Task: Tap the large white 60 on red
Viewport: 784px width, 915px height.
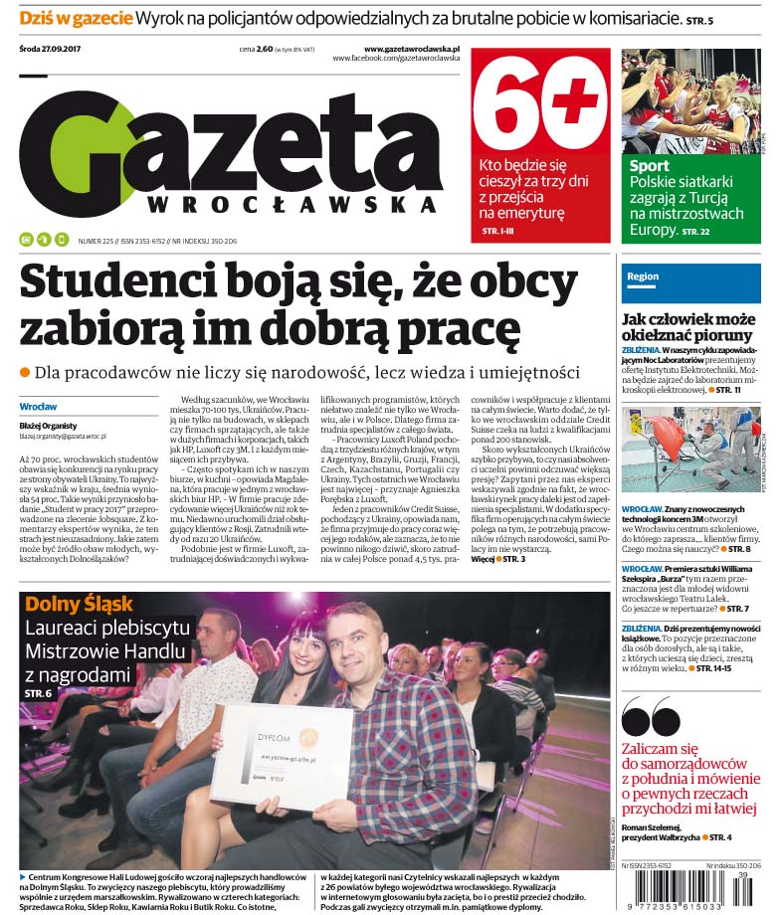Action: (538, 101)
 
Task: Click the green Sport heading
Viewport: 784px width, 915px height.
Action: (649, 166)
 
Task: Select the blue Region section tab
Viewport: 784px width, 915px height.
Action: (643, 276)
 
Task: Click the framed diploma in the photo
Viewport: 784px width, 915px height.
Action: (281, 757)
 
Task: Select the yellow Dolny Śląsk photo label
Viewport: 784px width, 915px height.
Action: (79, 604)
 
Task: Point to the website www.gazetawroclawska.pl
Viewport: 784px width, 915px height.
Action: (411, 48)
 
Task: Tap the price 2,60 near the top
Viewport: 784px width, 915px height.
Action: (264, 48)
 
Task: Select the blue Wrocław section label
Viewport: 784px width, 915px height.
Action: (39, 407)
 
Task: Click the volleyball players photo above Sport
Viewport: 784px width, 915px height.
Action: (690, 99)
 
